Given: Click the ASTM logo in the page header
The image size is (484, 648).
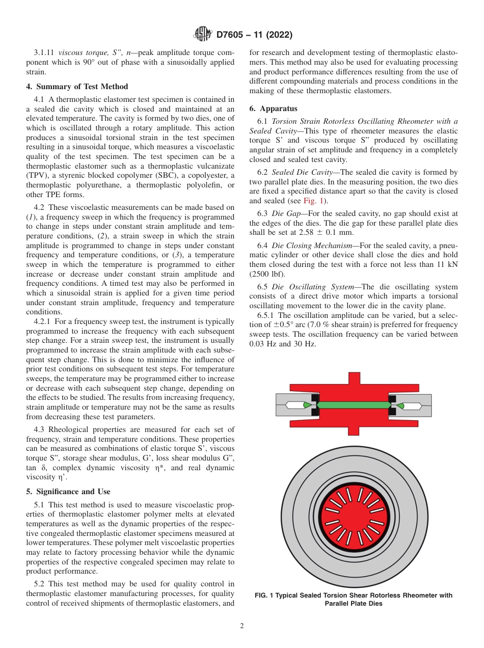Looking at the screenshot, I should (x=203, y=35).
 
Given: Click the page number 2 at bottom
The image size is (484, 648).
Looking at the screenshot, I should (x=242, y=626).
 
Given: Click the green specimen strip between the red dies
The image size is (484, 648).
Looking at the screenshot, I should (x=353, y=405).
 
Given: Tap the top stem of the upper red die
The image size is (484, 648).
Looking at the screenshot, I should (x=353, y=380).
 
